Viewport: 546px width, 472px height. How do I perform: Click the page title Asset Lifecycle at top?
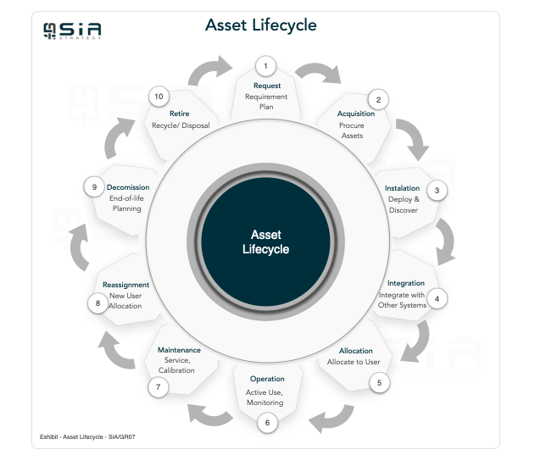[x=260, y=25]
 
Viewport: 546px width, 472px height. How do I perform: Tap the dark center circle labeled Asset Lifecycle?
[x=265, y=242]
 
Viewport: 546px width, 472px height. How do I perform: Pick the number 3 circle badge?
[x=437, y=190]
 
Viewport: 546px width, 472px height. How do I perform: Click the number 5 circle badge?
[x=379, y=382]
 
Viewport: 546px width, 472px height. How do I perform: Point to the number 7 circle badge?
[x=156, y=386]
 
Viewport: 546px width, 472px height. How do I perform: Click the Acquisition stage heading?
[x=355, y=114]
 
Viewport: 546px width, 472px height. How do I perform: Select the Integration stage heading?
[x=405, y=283]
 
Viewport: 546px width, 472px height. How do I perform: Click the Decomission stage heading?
[x=128, y=187]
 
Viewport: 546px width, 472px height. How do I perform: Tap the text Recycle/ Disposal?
[x=180, y=125]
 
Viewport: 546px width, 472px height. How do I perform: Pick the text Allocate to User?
[x=355, y=362]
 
